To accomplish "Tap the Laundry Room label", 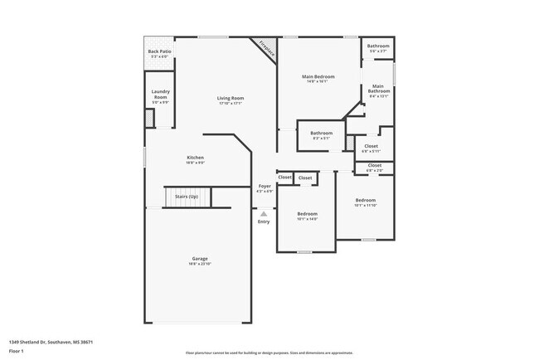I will pyautogui.click(x=160, y=95).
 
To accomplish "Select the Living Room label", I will pyautogui.click(x=231, y=98).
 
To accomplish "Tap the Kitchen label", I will pyautogui.click(x=195, y=157).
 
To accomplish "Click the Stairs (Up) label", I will pyautogui.click(x=187, y=197).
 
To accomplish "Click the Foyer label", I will pyautogui.click(x=264, y=186).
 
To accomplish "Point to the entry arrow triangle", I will pyautogui.click(x=264, y=213).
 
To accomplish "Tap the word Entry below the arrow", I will pyautogui.click(x=264, y=221).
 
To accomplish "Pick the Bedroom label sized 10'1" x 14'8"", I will pyautogui.click(x=307, y=214).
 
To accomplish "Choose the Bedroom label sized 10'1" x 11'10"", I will pyautogui.click(x=365, y=200).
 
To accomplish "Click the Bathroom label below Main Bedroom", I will pyautogui.click(x=321, y=133).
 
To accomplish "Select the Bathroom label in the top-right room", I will pyautogui.click(x=378, y=46).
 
